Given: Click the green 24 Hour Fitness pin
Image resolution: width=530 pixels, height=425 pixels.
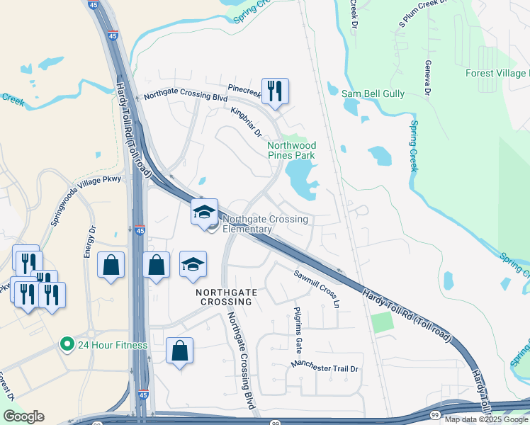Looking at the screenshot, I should tap(67, 345).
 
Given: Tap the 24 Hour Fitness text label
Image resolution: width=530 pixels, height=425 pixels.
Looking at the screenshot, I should tap(113, 346).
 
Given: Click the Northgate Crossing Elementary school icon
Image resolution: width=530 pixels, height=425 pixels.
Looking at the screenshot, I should tap(204, 212).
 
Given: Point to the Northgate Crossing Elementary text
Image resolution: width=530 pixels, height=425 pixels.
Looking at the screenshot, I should tap(266, 224).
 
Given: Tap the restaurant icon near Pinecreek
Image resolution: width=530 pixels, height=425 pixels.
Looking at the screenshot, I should tap(275, 91).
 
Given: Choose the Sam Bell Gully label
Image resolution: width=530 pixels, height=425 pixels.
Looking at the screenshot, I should tap(373, 93).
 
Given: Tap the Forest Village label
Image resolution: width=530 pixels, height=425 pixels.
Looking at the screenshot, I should tap(497, 74).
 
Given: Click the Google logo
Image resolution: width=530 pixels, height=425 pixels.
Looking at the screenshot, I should tap(23, 416).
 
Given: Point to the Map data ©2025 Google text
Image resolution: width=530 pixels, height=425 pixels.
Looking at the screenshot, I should tap(485, 419).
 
